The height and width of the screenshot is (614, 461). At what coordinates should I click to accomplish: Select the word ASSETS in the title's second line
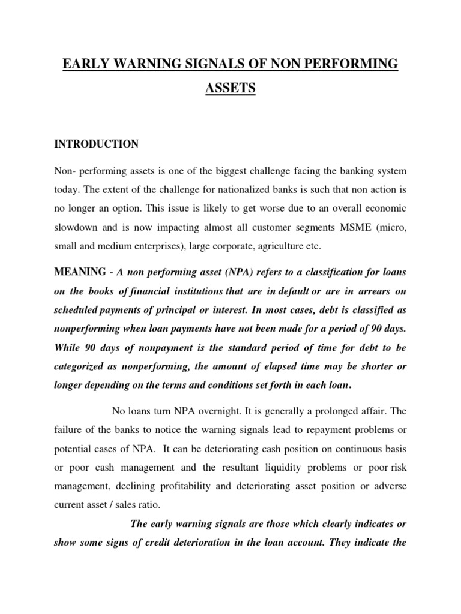click(x=230, y=89)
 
